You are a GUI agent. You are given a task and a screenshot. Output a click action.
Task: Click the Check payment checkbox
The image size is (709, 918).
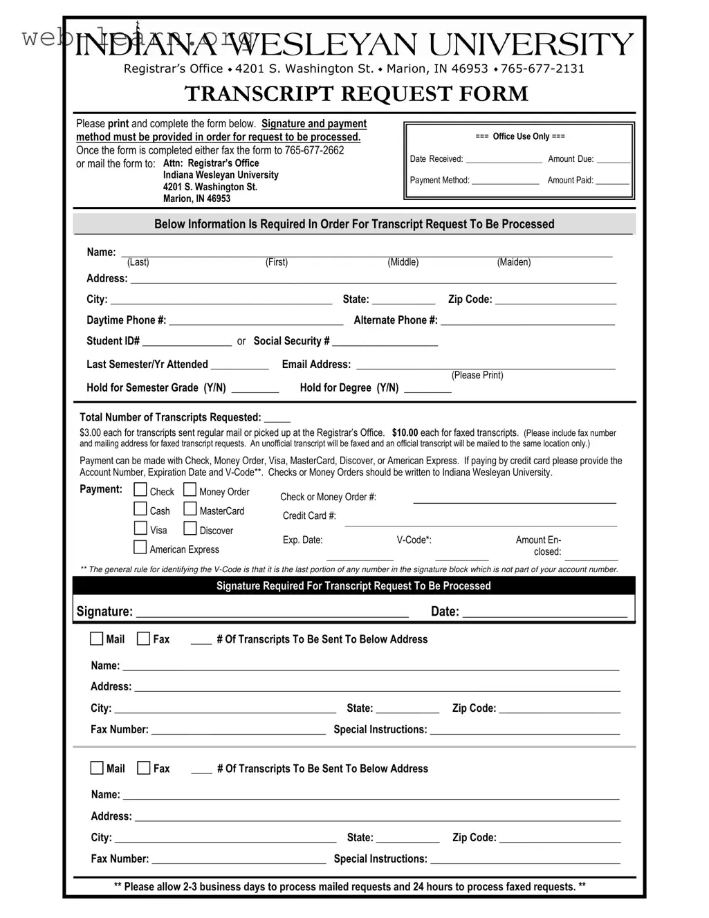coord(140,490)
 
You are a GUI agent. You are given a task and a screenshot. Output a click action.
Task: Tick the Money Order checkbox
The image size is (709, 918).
coord(190,490)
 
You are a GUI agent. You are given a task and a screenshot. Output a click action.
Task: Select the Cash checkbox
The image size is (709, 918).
coord(140,510)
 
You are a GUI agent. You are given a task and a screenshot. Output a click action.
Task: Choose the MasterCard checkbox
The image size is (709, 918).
coord(190,510)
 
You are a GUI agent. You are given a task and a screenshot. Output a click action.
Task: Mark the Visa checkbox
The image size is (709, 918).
coord(140,529)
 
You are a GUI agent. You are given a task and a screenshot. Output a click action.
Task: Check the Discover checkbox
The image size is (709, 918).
coord(190,529)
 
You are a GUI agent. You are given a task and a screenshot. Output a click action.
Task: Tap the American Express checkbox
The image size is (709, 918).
coord(140,548)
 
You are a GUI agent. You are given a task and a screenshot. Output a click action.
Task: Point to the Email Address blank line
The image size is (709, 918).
coord(485,365)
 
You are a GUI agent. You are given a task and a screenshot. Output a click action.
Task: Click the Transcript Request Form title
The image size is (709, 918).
coord(356,94)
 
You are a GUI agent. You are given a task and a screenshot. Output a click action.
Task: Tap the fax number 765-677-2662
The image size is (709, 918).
coord(314,151)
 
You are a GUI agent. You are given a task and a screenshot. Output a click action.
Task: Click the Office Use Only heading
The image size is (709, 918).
coord(520,137)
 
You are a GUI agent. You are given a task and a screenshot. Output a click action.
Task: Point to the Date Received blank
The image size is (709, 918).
coord(504,160)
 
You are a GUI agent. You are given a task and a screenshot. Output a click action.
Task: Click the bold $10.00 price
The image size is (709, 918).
coord(405,433)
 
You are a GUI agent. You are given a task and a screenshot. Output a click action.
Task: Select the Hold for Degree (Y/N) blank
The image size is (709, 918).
coord(427,389)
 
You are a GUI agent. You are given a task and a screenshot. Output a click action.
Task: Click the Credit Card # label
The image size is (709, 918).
coord(309,516)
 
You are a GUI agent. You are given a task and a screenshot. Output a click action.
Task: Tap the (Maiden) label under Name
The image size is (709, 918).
coord(514,262)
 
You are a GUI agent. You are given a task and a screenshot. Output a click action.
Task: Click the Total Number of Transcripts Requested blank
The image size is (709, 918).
coord(277,419)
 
